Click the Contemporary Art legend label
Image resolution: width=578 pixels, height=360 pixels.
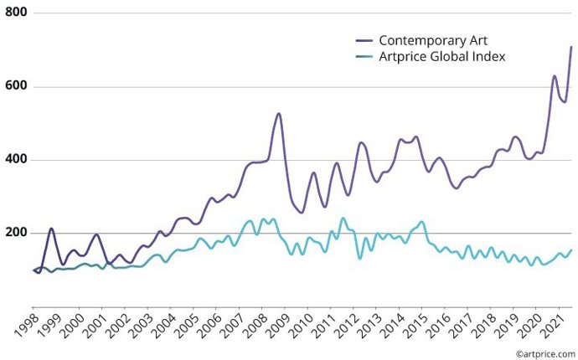(x=432, y=40)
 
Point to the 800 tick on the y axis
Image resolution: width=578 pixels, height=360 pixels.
(x=17, y=14)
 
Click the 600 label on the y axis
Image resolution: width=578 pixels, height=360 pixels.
(x=17, y=87)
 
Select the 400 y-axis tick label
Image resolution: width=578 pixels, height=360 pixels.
(x=17, y=160)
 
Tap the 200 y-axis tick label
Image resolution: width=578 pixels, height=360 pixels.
(x=17, y=233)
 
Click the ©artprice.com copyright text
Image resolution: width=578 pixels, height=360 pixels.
(x=545, y=353)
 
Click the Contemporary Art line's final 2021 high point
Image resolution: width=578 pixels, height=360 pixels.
(x=571, y=48)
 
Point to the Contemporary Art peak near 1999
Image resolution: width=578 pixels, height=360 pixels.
(x=51, y=229)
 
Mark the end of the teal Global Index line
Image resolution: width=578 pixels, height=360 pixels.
(x=571, y=249)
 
